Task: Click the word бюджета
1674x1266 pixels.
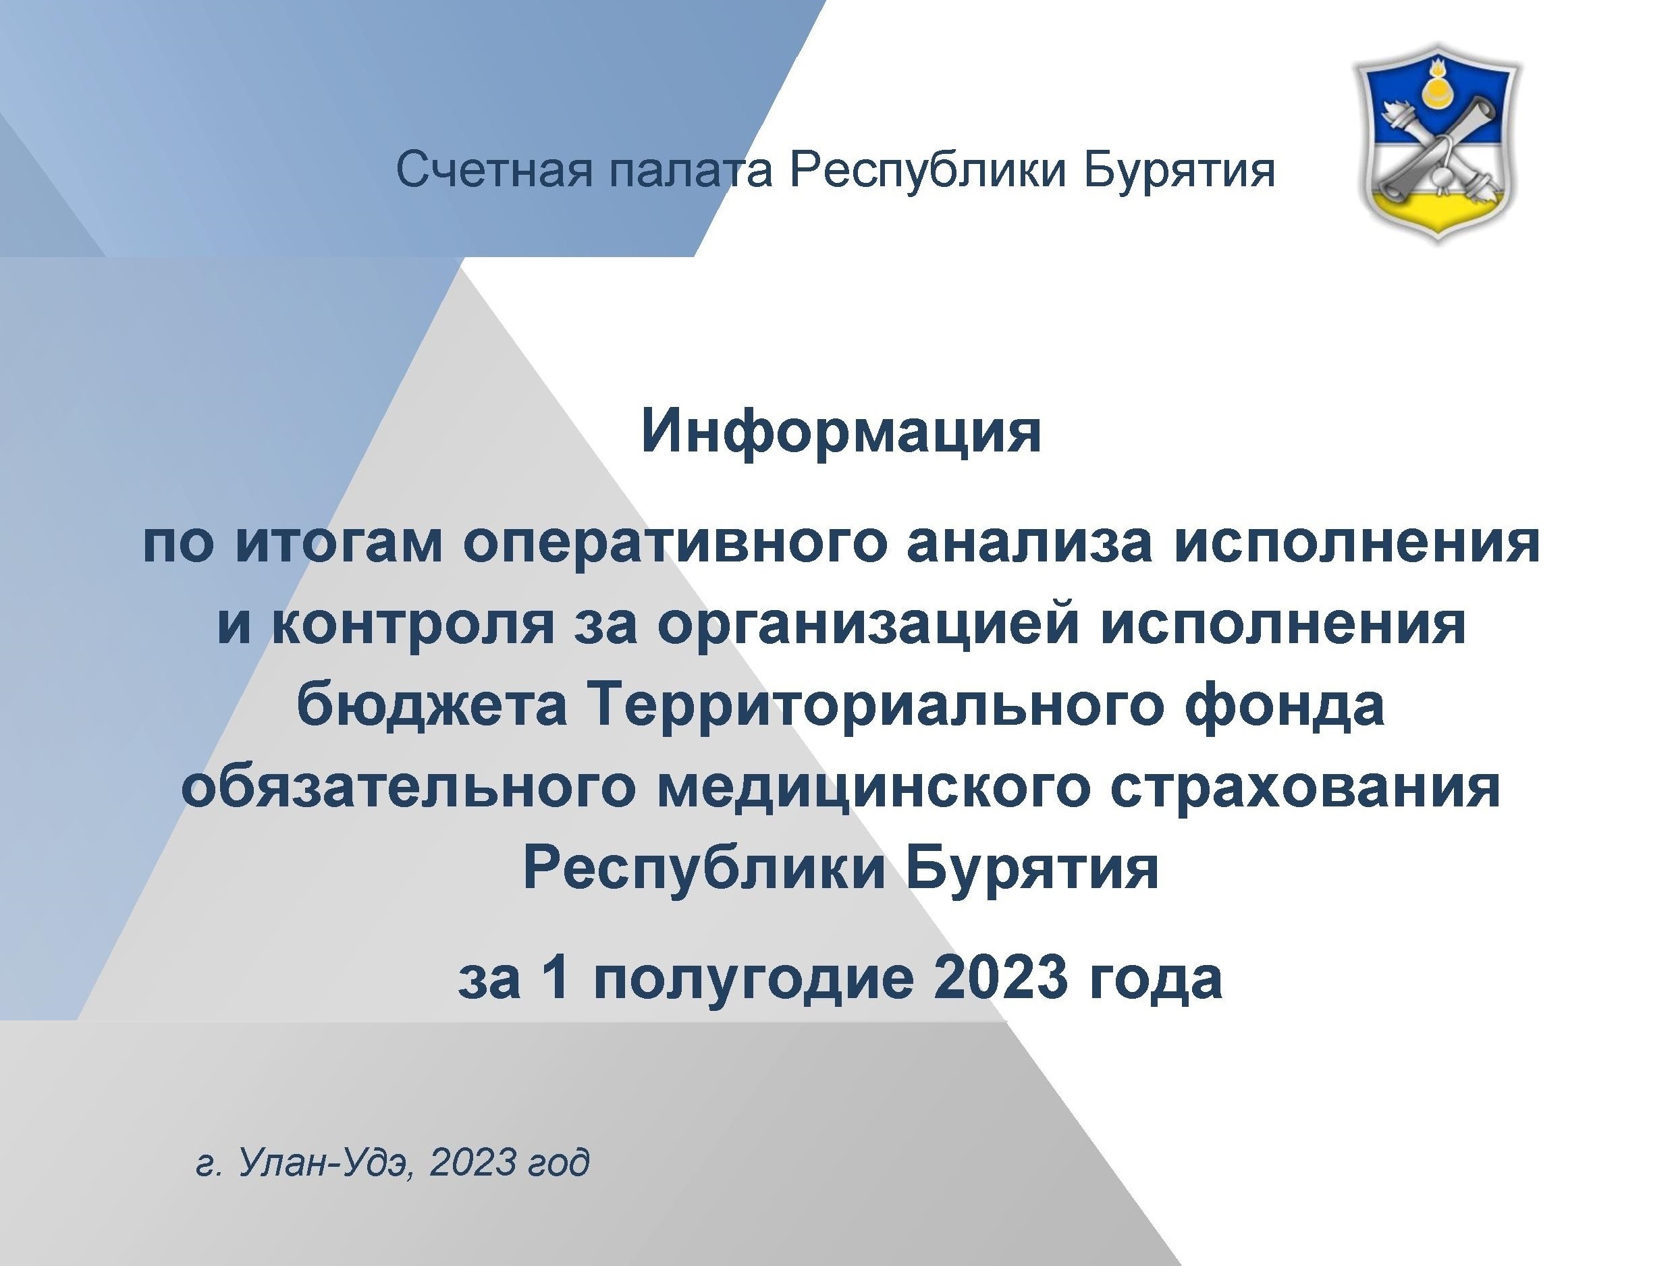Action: [433, 704]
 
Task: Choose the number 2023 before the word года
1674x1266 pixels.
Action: [1002, 978]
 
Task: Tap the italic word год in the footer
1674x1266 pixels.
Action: [558, 1163]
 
